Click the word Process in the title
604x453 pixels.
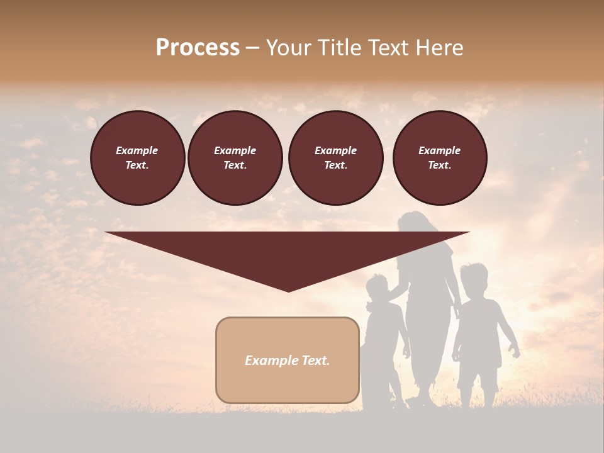pyautogui.click(x=198, y=48)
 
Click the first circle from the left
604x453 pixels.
pyautogui.click(x=137, y=158)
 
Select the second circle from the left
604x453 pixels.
pyautogui.click(x=235, y=158)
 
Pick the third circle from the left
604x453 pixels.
pyautogui.click(x=335, y=158)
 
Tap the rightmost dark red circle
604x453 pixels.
pyautogui.click(x=439, y=158)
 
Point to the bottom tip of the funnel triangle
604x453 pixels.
pyautogui.click(x=288, y=290)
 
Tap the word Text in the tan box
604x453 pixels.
pyautogui.click(x=316, y=361)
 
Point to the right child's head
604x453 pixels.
pyautogui.click(x=473, y=279)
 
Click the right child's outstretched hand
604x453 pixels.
pyautogui.click(x=515, y=352)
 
